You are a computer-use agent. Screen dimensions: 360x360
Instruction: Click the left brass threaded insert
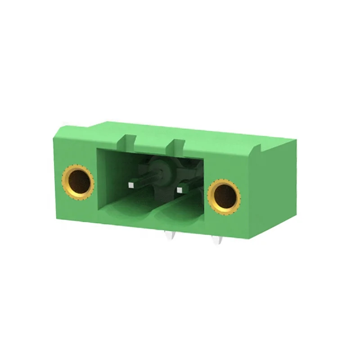tap(78, 181)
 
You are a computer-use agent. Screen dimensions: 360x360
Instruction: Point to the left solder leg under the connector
tap(170, 236)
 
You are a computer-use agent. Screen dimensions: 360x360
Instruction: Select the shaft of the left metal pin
tap(146, 182)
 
